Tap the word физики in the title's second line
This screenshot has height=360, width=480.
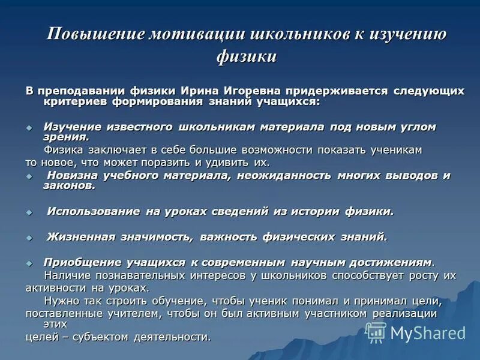pyautogui.click(x=246, y=57)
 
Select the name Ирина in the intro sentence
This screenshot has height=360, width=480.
pyautogui.click(x=187, y=91)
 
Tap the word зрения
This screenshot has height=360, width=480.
pyautogui.click(x=65, y=137)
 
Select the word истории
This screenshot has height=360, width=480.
pyautogui.click(x=316, y=211)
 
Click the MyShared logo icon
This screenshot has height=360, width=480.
pyautogui.click(x=376, y=332)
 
